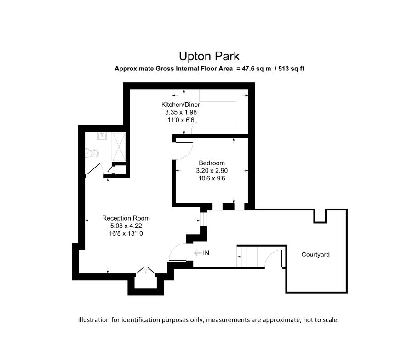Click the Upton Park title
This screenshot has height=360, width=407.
pyautogui.click(x=209, y=56)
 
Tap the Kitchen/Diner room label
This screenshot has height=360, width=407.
pyautogui.click(x=180, y=105)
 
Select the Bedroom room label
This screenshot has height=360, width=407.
pyautogui.click(x=212, y=163)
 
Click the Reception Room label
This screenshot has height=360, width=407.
pyautogui.click(x=126, y=218)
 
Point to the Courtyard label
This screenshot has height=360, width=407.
pyautogui.click(x=315, y=255)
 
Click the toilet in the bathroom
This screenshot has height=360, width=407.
pyautogui.click(x=92, y=153)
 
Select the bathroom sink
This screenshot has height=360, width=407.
pyautogui.click(x=102, y=136)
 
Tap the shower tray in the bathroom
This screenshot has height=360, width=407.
pyautogui.click(x=119, y=147)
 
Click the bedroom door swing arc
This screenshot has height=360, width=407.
pyautogui.click(x=188, y=154)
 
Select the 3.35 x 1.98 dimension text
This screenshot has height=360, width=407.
pyautogui.click(x=181, y=112)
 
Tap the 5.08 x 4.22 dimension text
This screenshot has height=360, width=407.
pyautogui.click(x=126, y=226)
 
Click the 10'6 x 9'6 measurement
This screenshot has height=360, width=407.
pyautogui.click(x=212, y=179)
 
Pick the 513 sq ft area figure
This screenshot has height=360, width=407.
pyautogui.click(x=291, y=69)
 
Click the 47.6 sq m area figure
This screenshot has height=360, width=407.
pyautogui.click(x=257, y=69)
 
